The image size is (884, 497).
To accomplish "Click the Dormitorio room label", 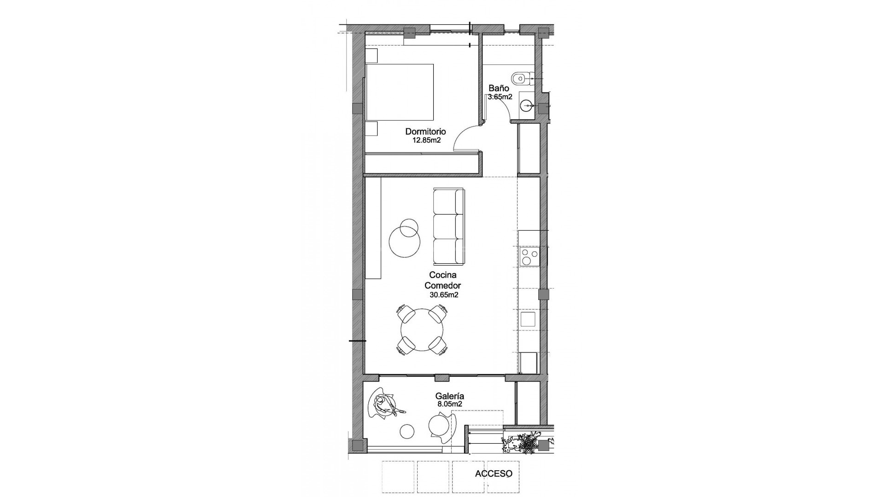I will point(425,132).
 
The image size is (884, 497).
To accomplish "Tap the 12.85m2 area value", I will point(426,140).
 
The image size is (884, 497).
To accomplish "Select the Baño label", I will point(499,88).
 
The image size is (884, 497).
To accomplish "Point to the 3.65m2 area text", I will point(500,97).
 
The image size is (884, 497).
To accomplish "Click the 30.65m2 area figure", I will point(443,295).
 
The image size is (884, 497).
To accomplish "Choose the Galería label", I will point(449,396).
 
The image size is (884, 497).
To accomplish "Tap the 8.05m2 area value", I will point(449,405).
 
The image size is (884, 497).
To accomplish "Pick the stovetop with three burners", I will point(528,256).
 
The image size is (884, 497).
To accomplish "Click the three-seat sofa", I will point(448,226).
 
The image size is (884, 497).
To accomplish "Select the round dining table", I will point(422,330).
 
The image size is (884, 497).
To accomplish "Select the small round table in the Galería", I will point(407,431).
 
